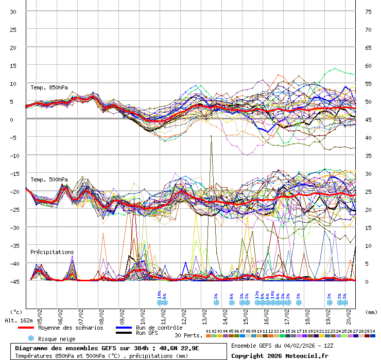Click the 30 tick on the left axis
coord(13,12)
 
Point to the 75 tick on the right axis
coord(368,12)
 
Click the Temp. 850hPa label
coord(49,87)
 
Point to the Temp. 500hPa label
coord(49,179)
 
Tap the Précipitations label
coord(52,252)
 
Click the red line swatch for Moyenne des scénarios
coord(26,328)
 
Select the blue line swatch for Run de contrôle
coord(124,328)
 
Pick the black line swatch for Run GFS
coord(124,333)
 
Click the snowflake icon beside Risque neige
coord(31,338)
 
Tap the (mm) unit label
coord(371,312)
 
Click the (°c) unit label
coord(16,312)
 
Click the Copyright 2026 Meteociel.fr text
coord(280,355)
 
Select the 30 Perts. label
coord(188,335)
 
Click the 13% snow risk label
coord(257,295)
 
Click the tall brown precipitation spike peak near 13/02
coord(211,136)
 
